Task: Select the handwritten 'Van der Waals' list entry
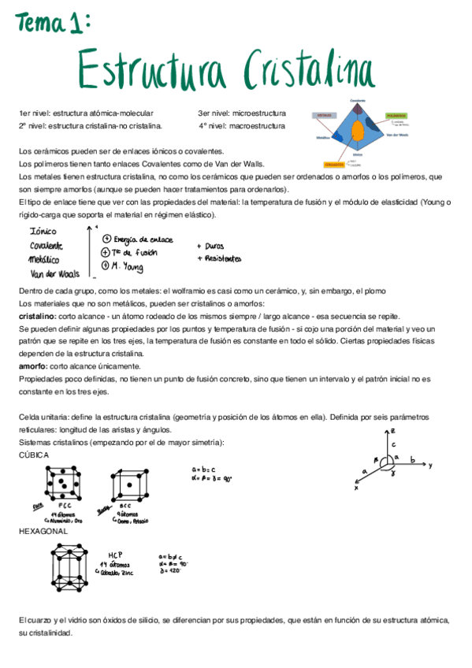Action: (x=52, y=273)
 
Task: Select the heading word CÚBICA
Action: (x=34, y=455)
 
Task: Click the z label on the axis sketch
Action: (x=392, y=432)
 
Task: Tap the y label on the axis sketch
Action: (x=430, y=466)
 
